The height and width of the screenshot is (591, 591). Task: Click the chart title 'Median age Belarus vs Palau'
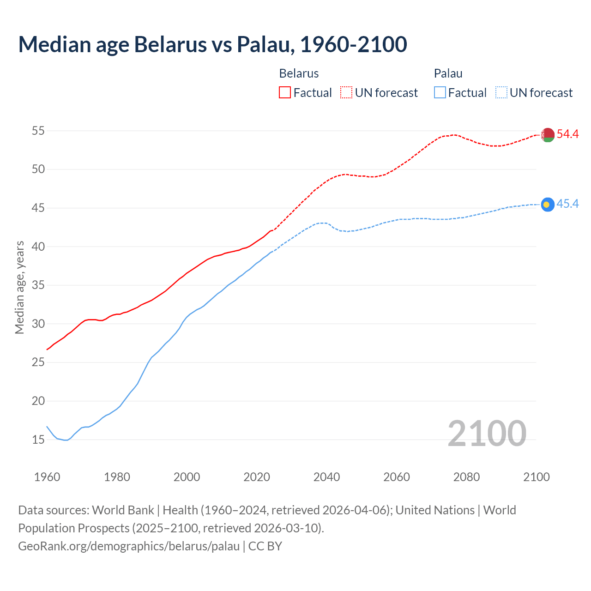point(212,44)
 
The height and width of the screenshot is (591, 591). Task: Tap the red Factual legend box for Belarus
point(285,92)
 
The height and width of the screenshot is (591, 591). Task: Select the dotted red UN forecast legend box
point(346,92)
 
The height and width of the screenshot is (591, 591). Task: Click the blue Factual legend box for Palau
point(440,92)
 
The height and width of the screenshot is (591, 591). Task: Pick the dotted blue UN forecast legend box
point(501,92)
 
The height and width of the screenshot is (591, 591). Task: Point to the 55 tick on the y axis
point(38,131)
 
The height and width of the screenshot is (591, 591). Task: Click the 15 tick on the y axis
point(38,440)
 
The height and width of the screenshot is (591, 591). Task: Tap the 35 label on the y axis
point(38,285)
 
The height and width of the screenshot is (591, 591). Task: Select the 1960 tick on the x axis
point(47,477)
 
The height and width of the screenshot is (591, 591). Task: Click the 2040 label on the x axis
point(326,477)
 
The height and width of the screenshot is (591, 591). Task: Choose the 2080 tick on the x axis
point(466,477)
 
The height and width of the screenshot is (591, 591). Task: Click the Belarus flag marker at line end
point(548,135)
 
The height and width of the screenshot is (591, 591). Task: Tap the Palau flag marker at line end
point(548,205)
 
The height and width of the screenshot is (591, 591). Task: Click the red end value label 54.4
point(567,134)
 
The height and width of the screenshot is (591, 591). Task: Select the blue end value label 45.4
point(567,204)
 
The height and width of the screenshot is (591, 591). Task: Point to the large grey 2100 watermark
point(487,433)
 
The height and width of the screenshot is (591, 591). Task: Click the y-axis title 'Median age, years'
point(19,287)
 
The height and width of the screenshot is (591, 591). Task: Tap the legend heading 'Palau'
point(448,73)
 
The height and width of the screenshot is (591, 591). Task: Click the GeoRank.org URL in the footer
point(129,546)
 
